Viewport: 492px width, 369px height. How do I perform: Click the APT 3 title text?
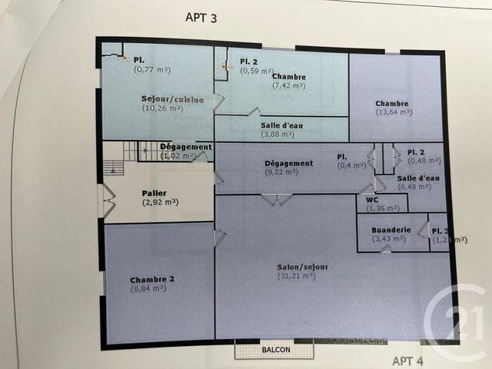click(x=202, y=18)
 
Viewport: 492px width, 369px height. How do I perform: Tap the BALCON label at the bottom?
click(x=276, y=350)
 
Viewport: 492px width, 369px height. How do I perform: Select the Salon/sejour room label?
click(x=303, y=267)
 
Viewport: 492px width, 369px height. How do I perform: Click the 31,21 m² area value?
click(x=296, y=275)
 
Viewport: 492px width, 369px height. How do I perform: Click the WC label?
click(x=371, y=198)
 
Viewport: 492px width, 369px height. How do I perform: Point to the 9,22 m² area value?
click(x=281, y=171)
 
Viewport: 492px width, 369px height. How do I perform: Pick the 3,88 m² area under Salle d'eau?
click(x=278, y=135)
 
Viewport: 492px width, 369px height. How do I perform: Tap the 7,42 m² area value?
click(x=288, y=85)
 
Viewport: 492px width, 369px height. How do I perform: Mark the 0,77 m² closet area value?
click(x=151, y=69)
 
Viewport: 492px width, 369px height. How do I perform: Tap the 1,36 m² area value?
click(x=382, y=208)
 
